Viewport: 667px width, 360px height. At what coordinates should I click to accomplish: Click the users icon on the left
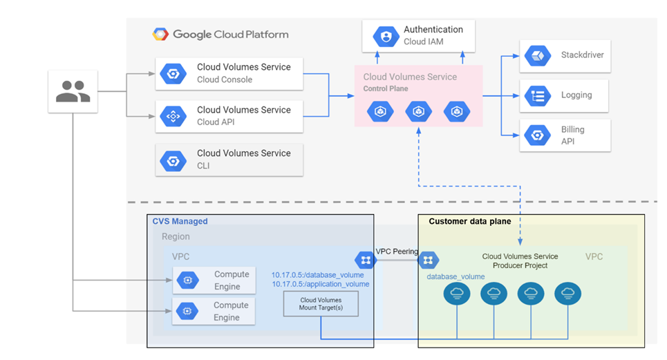pos(73,91)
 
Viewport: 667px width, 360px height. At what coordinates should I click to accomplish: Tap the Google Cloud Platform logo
pos(161,35)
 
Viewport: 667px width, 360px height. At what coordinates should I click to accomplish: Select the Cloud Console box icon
pos(173,74)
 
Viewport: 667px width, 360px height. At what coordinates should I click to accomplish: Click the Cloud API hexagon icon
pos(173,117)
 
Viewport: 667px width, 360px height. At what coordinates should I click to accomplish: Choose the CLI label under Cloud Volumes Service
pos(203,166)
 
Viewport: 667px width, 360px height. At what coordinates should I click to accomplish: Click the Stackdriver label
pos(582,55)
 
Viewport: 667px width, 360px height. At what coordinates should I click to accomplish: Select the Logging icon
pos(536,95)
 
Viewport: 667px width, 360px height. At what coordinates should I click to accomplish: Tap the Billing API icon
pos(536,135)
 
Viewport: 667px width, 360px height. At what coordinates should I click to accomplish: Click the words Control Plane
pos(386,88)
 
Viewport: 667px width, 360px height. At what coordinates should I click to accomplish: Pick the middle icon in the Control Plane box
pos(418,111)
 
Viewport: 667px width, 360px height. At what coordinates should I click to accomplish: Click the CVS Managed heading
pos(180,221)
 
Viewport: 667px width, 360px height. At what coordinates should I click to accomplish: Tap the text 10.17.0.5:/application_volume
pos(320,284)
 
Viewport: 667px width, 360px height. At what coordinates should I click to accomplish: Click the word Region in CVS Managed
pos(176,236)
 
